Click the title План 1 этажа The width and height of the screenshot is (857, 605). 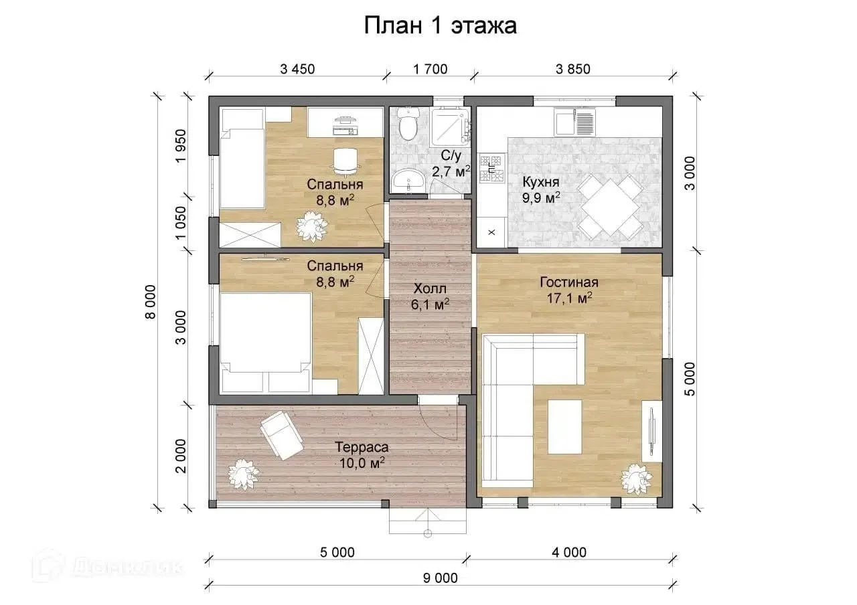pos(440,26)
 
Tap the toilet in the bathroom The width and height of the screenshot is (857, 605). pos(408,123)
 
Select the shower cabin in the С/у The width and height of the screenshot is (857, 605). pos(451,127)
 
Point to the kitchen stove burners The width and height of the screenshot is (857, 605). pos(491,168)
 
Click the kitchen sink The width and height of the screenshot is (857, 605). pos(575,122)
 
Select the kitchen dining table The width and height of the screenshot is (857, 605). pos(610,207)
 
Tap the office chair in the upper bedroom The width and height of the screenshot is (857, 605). pos(345,161)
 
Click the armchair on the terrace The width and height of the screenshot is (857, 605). pos(282,435)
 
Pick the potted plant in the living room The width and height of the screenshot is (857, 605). pos(637,479)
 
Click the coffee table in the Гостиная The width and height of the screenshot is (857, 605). pos(564,427)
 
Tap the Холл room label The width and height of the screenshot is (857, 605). pos(430,288)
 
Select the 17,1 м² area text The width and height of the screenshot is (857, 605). pos(569,298)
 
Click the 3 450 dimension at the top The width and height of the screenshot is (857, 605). pos(297,69)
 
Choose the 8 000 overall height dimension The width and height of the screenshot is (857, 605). pos(151,302)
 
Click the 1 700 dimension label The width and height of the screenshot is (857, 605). pos(430,69)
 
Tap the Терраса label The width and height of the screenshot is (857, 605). pos(362,446)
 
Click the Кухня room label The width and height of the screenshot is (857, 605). pos(540,182)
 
